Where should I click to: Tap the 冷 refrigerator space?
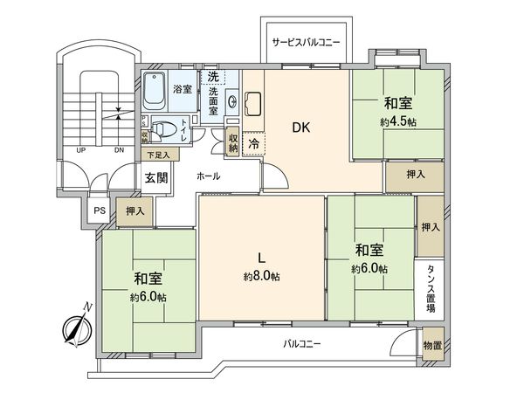(x=253, y=143)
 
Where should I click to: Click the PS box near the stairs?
(x=99, y=210)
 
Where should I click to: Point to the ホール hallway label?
(x=208, y=176)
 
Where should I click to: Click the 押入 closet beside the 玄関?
(x=134, y=211)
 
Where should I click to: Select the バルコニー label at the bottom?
(x=302, y=343)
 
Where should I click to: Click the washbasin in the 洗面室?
(x=232, y=101)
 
